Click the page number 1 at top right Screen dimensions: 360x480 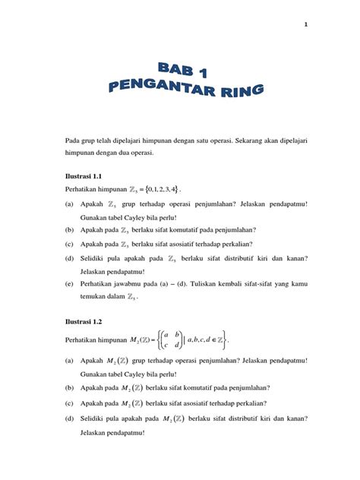(x=305, y=24)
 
